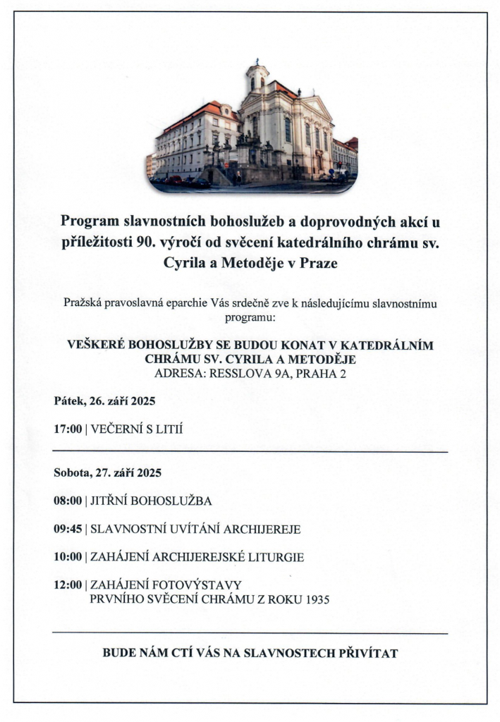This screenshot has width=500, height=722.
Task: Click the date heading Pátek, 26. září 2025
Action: click(104, 400)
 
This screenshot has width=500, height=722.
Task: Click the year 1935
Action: click(316, 600)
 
